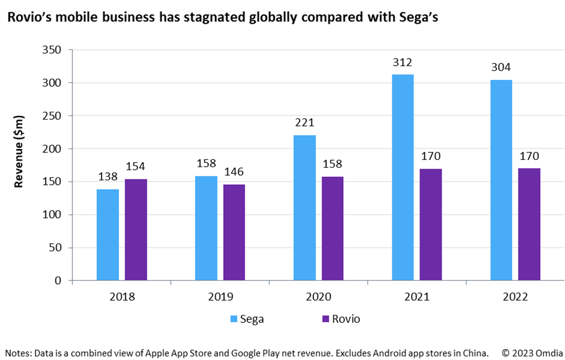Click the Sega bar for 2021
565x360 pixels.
click(402, 177)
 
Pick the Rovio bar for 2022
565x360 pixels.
click(529, 224)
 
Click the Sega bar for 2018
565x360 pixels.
click(108, 235)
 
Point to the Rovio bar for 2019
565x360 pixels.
click(234, 232)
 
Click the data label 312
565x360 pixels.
click(402, 63)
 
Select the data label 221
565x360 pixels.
click(304, 123)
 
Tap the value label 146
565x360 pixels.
click(234, 172)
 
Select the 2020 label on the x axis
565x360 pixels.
click(318, 297)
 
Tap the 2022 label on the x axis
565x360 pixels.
click(515, 297)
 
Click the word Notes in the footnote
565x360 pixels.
click(17, 352)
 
